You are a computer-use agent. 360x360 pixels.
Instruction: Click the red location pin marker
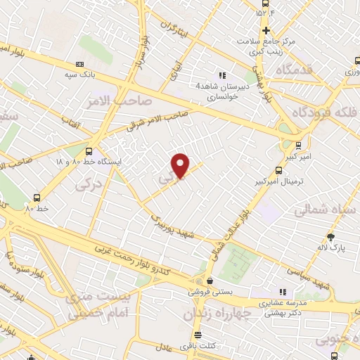(181, 165)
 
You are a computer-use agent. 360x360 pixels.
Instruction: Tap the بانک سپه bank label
(79, 74)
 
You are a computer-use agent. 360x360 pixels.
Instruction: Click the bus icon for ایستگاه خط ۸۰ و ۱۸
(89, 151)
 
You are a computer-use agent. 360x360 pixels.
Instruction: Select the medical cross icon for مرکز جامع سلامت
(266, 30)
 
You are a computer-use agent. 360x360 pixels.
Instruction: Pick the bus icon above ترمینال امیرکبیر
(279, 170)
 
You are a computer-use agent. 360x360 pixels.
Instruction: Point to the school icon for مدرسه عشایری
(283, 291)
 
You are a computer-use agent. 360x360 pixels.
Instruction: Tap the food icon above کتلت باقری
(198, 335)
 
